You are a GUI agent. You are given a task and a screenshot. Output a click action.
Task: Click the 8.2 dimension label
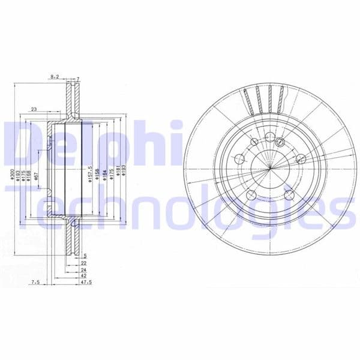click(x=55, y=77)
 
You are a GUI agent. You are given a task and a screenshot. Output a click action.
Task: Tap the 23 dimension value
click(x=34, y=109)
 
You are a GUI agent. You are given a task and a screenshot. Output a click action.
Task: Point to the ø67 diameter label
click(x=37, y=175)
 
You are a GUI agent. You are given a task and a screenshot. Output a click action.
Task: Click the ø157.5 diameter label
click(x=89, y=175)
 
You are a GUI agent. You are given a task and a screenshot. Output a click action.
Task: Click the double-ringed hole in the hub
click(x=280, y=142)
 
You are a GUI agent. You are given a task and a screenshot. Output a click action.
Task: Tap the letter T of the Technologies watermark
click(x=24, y=207)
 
